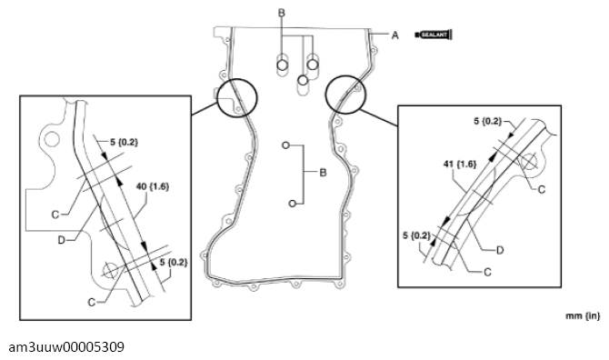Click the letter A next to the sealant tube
tap(394, 35)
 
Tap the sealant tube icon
tap(435, 35)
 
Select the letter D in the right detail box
tap(499, 247)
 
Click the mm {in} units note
tap(582, 315)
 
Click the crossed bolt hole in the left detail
tap(110, 271)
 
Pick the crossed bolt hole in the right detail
tap(529, 159)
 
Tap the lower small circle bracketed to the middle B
tap(293, 202)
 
